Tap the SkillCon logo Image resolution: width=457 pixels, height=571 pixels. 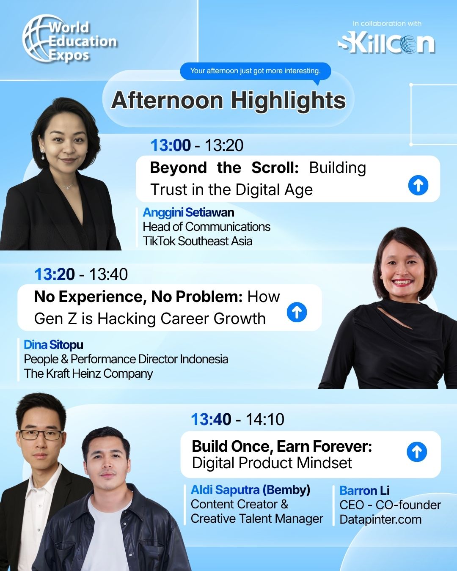click(386, 44)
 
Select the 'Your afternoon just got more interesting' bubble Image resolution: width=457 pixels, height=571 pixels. click(256, 71)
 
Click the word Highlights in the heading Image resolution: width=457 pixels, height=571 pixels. click(289, 100)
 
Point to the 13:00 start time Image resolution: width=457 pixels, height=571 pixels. click(171, 145)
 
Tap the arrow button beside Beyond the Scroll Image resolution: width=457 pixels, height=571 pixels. click(418, 185)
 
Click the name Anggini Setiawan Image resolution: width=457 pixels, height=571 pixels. click(189, 212)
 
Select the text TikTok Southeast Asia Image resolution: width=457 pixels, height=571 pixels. click(198, 241)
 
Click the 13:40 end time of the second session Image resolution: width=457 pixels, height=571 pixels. click(108, 274)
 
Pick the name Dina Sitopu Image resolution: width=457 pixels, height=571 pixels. click(53, 345)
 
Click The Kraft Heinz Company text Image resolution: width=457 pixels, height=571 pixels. click(88, 373)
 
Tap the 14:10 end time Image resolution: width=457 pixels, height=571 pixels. click(265, 419)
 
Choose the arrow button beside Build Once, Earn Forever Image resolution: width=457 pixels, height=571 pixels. click(417, 452)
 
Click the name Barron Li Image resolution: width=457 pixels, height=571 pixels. click(365, 491)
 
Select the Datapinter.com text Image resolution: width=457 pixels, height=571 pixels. click(380, 519)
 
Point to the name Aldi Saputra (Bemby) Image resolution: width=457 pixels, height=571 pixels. click(251, 490)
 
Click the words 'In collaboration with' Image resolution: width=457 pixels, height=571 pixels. click(387, 23)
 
